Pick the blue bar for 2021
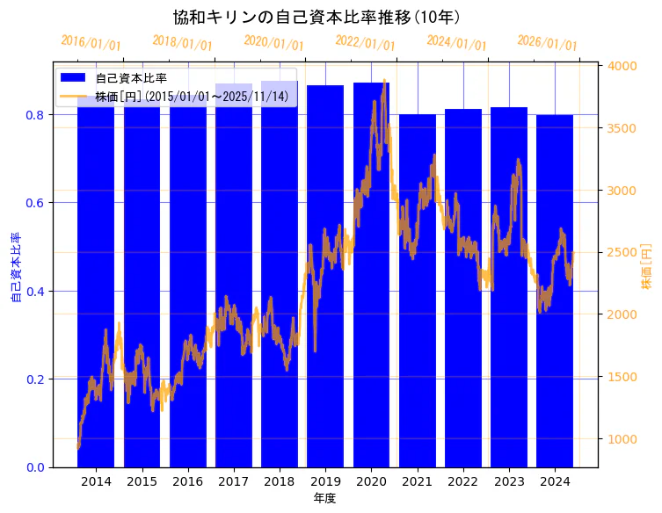click(x=418, y=290)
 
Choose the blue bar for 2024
click(x=555, y=290)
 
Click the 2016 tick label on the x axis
click(x=188, y=481)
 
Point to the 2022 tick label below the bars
click(x=463, y=481)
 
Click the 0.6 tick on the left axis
click(x=36, y=203)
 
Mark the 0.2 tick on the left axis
click(x=36, y=379)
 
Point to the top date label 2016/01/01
click(x=91, y=43)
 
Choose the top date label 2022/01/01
click(x=366, y=43)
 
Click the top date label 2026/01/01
click(x=548, y=43)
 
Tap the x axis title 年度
click(x=324, y=498)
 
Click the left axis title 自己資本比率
click(x=15, y=268)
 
